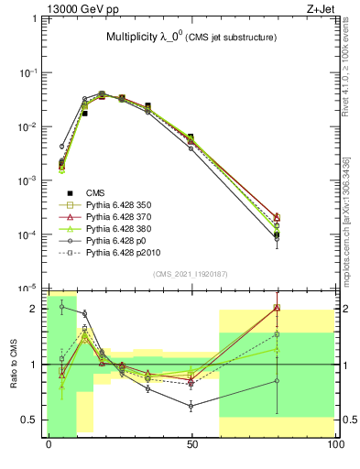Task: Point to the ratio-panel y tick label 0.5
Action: (x=34, y=420)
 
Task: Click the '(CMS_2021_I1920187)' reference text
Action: (x=191, y=274)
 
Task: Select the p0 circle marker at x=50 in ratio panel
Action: (x=191, y=405)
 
